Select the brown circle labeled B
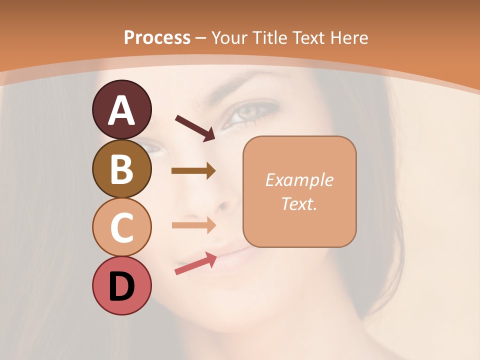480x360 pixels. (121, 169)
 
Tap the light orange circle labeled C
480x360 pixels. (121, 227)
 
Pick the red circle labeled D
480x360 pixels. (121, 285)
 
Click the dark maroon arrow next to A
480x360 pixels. (195, 128)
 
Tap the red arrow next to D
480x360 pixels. (195, 263)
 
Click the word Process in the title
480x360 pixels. (157, 37)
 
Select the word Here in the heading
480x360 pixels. (349, 37)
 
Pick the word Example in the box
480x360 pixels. (299, 180)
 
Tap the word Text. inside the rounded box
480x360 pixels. (299, 203)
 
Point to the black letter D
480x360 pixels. (121, 287)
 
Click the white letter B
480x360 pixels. (121, 169)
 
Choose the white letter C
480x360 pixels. (121, 227)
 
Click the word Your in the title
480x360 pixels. (230, 37)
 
